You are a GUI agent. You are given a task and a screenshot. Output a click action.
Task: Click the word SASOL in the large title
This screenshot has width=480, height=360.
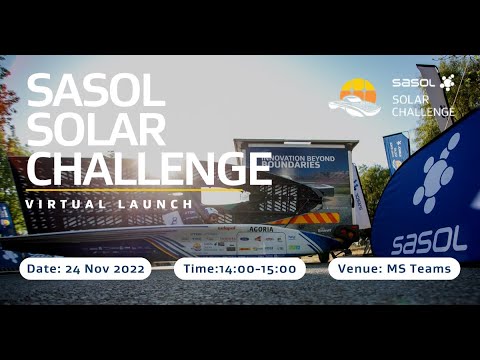94,91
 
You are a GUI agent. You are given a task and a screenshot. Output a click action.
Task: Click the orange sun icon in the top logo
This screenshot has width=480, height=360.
358,91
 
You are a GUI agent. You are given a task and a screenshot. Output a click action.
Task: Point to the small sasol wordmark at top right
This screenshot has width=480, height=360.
413,83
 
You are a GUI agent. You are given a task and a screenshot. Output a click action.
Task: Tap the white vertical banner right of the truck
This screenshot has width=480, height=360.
360,196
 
